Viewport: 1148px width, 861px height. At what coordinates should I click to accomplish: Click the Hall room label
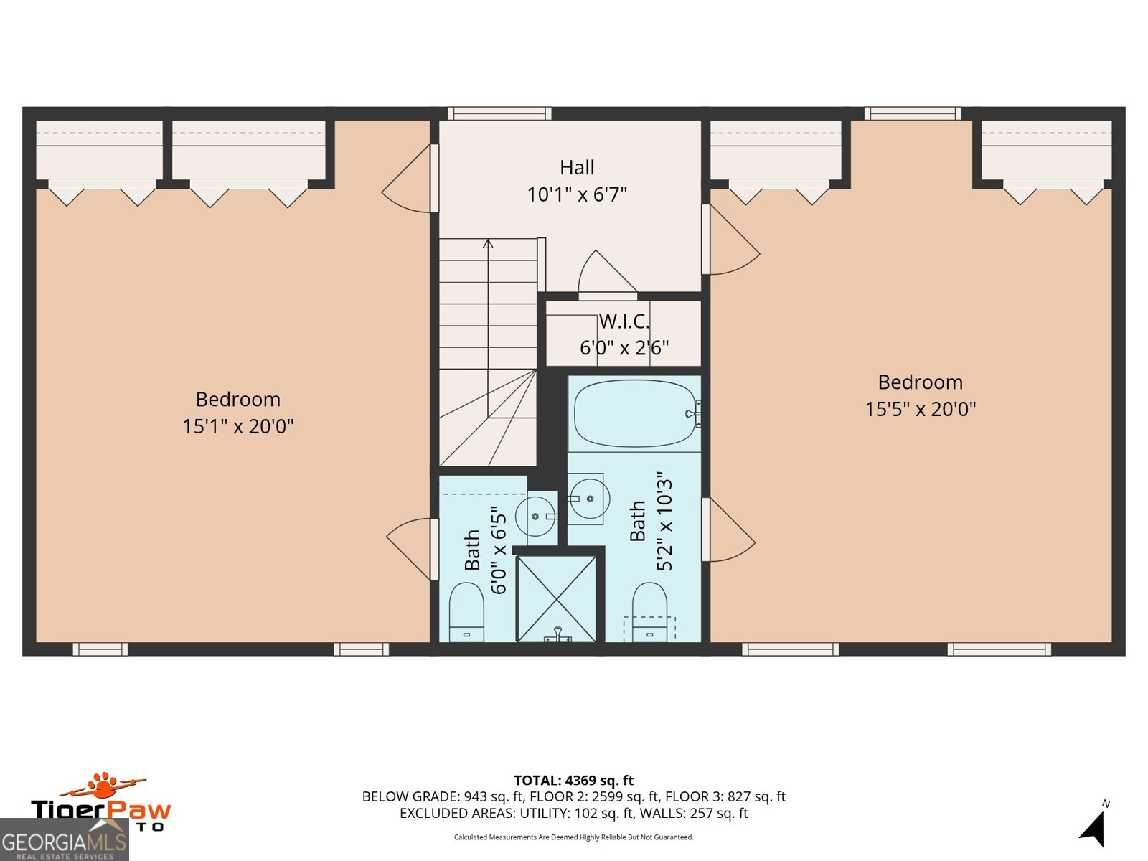click(577, 168)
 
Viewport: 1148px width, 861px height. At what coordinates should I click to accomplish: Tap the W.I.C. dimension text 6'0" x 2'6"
click(624, 348)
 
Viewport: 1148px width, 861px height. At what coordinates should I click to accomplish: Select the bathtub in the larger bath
click(634, 414)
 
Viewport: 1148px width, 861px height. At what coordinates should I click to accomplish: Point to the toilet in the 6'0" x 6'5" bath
click(466, 612)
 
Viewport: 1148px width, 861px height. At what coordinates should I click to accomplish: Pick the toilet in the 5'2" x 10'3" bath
click(649, 612)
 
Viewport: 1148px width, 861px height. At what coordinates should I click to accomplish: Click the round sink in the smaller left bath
click(535, 516)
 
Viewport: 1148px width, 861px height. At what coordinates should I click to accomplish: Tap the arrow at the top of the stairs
click(488, 244)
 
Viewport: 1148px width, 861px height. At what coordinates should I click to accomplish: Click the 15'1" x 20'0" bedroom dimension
click(237, 426)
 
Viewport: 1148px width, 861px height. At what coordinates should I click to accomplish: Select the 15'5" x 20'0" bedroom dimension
click(920, 409)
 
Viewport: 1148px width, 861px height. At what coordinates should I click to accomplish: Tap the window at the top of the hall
click(499, 113)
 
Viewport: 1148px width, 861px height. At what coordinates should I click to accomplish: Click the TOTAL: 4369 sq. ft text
click(573, 780)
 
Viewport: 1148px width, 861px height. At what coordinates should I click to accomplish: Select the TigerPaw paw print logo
click(105, 786)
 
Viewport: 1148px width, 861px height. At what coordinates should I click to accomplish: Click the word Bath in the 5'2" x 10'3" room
click(637, 521)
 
